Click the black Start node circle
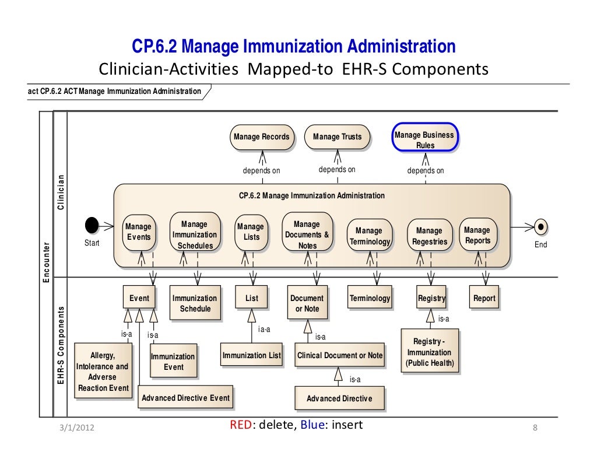click(92, 225)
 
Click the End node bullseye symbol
click(540, 226)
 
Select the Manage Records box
click(261, 137)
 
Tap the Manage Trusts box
click(337, 137)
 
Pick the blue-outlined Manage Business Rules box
click(424, 140)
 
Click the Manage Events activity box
click(139, 232)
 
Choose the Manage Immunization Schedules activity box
click(195, 235)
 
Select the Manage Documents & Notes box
click(307, 235)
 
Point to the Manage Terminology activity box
click(369, 236)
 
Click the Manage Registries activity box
click(430, 236)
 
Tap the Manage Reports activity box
click(477, 235)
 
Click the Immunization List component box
click(251, 355)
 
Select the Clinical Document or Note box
click(340, 355)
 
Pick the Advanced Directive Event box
click(185, 398)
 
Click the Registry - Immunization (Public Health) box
click(430, 352)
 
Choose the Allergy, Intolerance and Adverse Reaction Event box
click(103, 372)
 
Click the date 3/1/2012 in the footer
click(77, 429)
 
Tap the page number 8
click(535, 429)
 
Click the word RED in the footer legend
click(240, 425)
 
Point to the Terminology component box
click(370, 298)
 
